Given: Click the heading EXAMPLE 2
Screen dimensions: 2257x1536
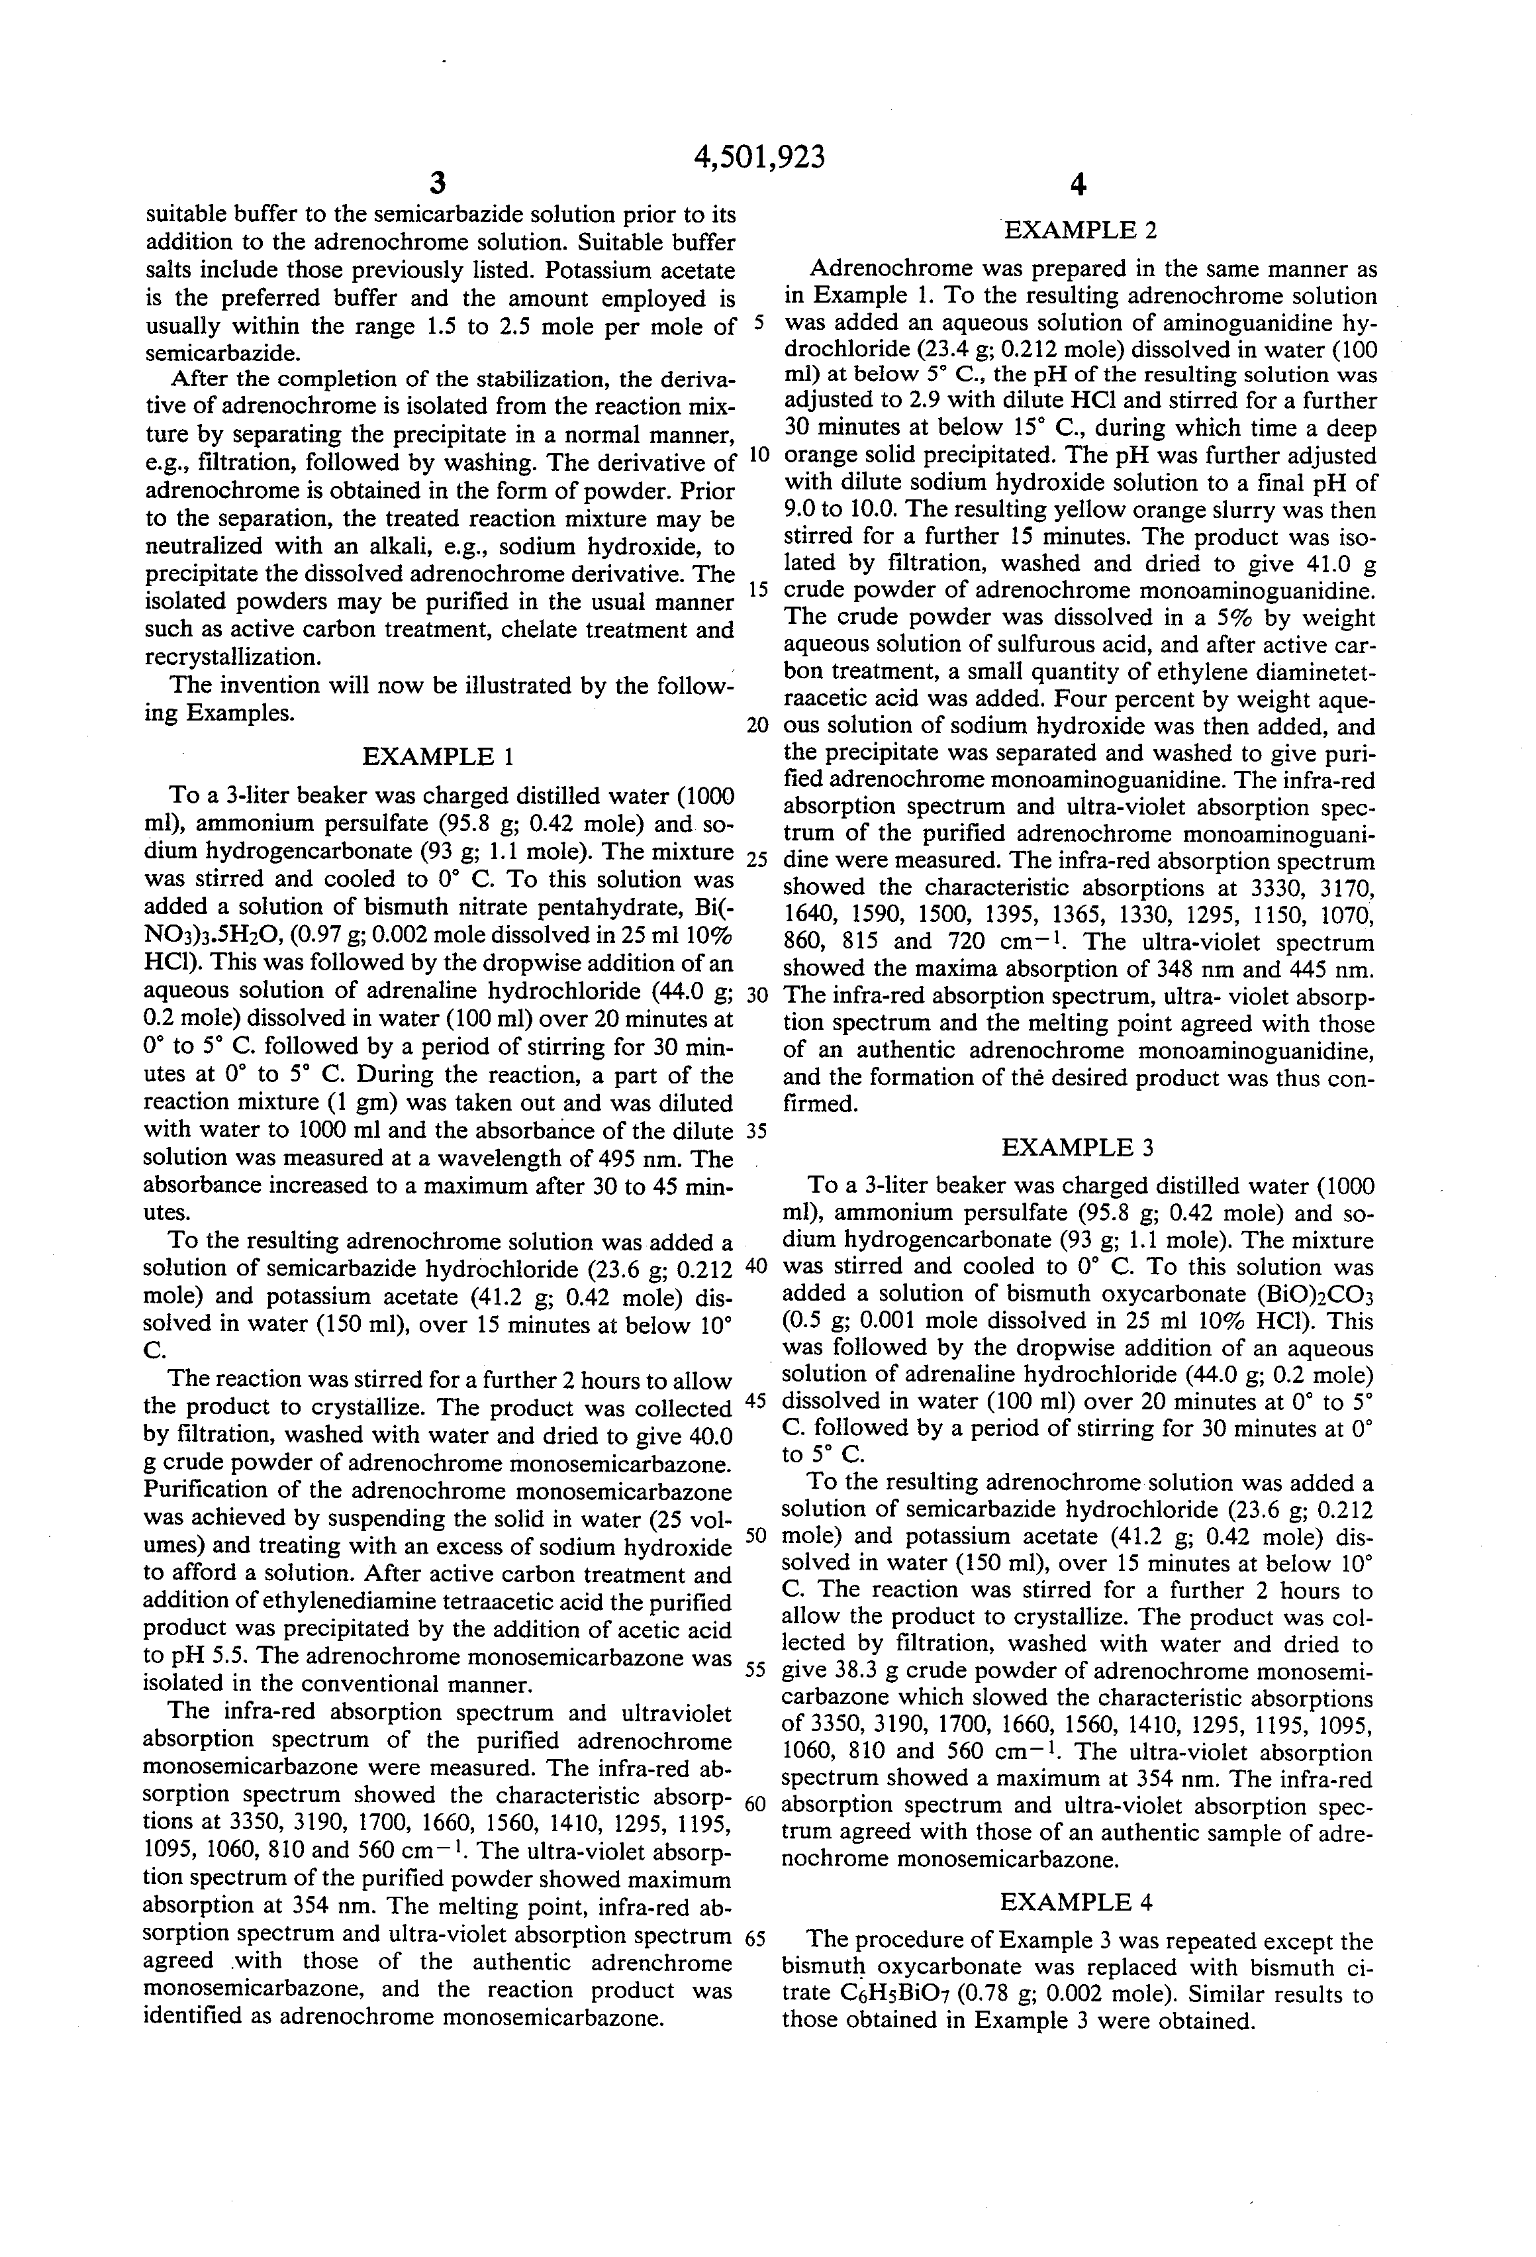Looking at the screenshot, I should click(1079, 230).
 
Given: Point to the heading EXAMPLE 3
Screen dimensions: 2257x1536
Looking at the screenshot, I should click(1078, 1147).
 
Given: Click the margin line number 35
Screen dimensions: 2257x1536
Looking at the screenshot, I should click(756, 1131).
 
